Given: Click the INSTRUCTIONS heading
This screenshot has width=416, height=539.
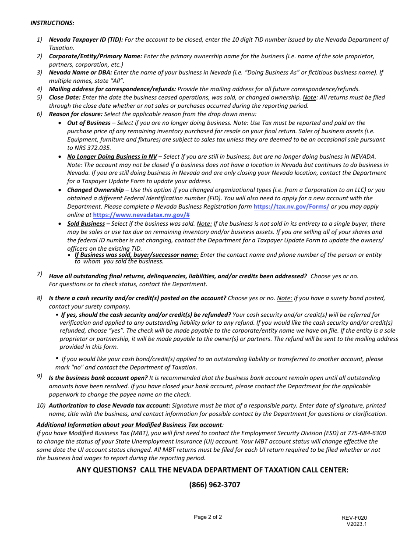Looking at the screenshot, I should pos(52,23).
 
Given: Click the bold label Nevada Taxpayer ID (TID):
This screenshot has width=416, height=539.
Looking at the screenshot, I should pos(86,39).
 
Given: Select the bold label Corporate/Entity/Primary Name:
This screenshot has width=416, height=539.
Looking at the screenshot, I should pos(95,56).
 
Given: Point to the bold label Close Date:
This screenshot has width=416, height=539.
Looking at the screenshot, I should pos(65,97).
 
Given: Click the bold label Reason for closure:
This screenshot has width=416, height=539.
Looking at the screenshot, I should pos(76,114).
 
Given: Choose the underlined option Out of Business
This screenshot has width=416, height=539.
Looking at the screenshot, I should pos(89,123).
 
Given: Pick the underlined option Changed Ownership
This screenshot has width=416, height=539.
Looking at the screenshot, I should pos(95,190).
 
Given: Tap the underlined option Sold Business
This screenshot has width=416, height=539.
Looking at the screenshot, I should pos(86,223).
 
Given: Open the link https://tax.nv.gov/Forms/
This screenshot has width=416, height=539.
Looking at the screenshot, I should pos(291,206).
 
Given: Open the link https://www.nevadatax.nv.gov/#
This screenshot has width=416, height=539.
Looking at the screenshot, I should pos(141,215).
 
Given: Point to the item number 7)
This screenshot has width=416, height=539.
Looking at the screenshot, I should pos(39,274).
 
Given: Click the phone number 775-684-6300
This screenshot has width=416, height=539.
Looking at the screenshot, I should pos(367,433).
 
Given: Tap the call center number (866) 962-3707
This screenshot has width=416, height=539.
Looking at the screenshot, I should pos(215,485).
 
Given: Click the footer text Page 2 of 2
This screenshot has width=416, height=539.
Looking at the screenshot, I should pos(208,517).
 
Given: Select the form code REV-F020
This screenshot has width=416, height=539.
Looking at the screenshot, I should pos(354,518).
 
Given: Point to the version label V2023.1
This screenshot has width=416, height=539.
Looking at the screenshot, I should pos(356,524).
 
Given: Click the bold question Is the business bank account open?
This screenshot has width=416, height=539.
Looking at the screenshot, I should pos(98,378).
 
